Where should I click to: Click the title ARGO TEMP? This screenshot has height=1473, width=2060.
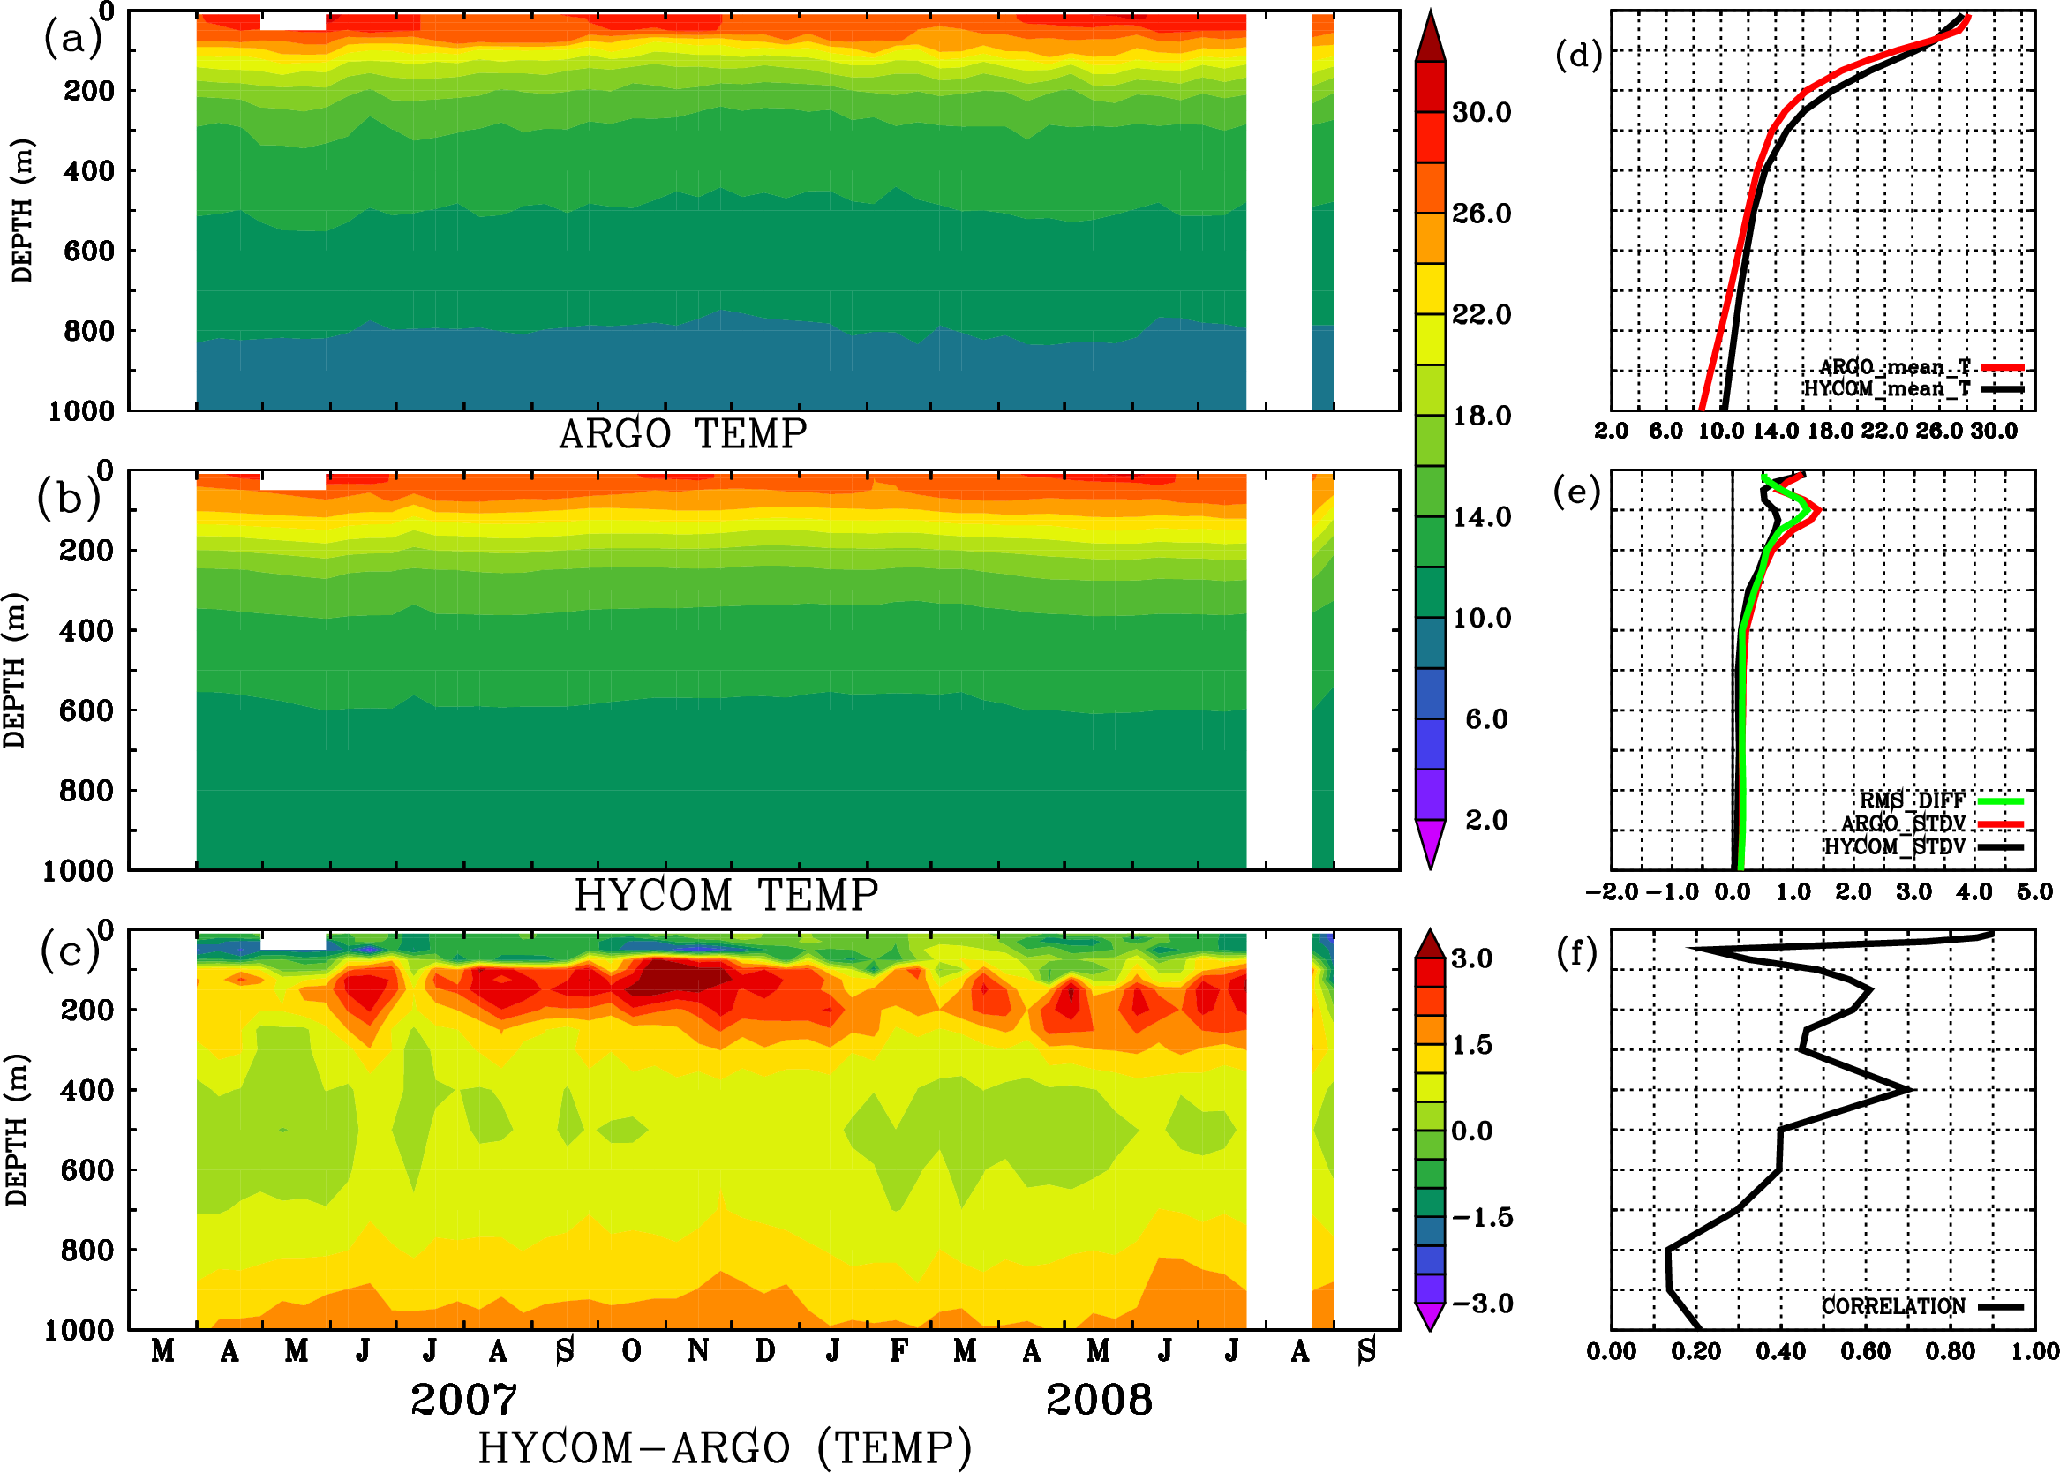tap(683, 434)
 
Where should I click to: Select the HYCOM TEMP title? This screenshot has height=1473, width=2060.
tap(726, 895)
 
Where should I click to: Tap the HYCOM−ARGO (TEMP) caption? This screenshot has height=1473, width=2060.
tap(725, 1447)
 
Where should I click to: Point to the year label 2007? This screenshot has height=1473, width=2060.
tap(463, 1400)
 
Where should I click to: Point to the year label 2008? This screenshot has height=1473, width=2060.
tap(1100, 1400)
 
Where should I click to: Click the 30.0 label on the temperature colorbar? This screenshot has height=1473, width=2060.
tap(1481, 112)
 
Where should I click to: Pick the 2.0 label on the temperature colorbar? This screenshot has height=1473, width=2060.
tap(1486, 820)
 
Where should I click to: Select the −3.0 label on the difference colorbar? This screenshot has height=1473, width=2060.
tap(1482, 1304)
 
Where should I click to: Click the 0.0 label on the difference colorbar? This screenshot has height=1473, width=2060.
tap(1471, 1131)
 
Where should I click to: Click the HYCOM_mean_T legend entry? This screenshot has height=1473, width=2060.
tap(1888, 389)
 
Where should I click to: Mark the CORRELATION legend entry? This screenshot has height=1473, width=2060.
tap(1894, 1307)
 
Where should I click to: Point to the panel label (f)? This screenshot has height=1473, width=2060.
tap(1576, 952)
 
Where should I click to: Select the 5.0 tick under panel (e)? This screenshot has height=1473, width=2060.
tap(2034, 891)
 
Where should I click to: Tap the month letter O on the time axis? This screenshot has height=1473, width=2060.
tap(632, 1351)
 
